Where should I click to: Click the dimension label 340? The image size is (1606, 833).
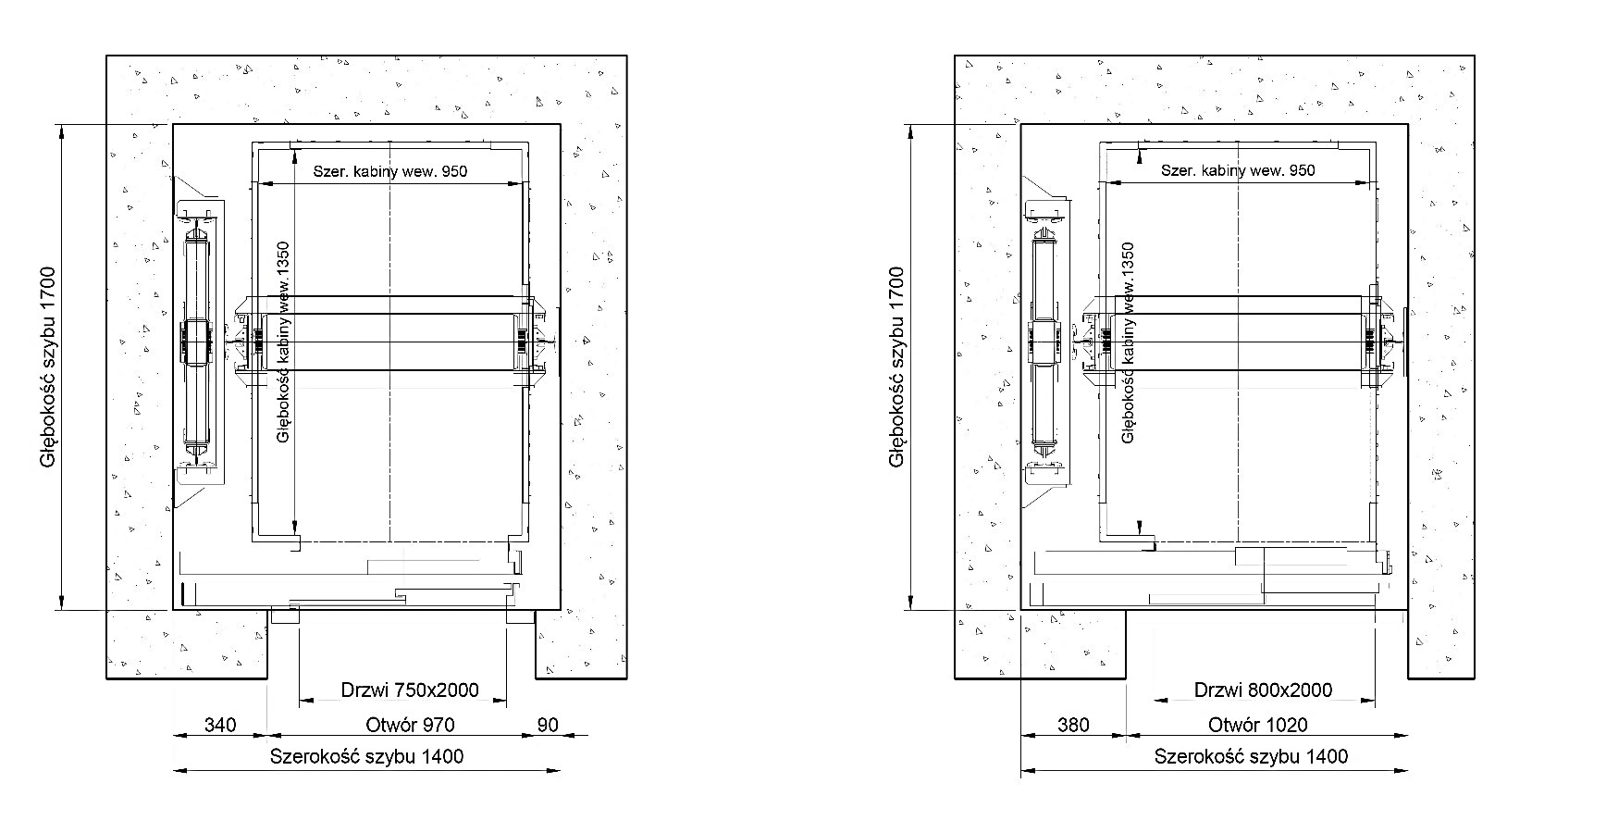click(x=221, y=725)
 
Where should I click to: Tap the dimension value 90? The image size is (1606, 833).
click(x=548, y=725)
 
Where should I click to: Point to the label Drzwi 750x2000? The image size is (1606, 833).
click(x=410, y=690)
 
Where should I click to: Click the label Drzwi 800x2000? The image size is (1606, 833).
click(x=1263, y=690)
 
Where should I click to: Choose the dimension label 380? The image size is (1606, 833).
click(x=1073, y=725)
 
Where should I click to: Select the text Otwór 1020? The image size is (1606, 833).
click(x=1258, y=725)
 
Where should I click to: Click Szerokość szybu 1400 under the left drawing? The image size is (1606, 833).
click(x=366, y=756)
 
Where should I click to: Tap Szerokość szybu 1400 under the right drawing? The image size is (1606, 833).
click(x=1251, y=756)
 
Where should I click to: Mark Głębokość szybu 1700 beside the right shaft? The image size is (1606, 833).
click(x=896, y=367)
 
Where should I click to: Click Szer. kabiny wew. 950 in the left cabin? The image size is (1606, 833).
click(x=390, y=171)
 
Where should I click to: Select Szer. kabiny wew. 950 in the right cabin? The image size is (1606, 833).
click(x=1238, y=171)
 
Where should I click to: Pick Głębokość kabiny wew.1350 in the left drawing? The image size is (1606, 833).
click(x=284, y=342)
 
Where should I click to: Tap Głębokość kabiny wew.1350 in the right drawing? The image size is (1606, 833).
click(x=1128, y=342)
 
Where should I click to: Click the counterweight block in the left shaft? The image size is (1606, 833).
click(x=197, y=342)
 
